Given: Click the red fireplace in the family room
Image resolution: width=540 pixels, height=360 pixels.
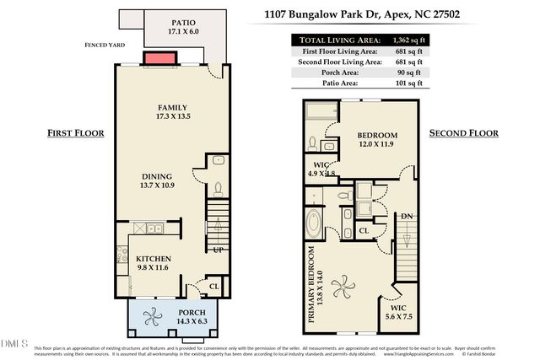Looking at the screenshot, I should click(x=159, y=57).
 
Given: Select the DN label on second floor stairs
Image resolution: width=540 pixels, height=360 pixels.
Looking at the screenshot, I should click(x=408, y=217).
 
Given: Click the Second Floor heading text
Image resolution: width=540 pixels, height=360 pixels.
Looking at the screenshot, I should click(x=464, y=133).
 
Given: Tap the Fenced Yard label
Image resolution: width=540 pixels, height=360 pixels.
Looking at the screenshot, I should click(x=105, y=47).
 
